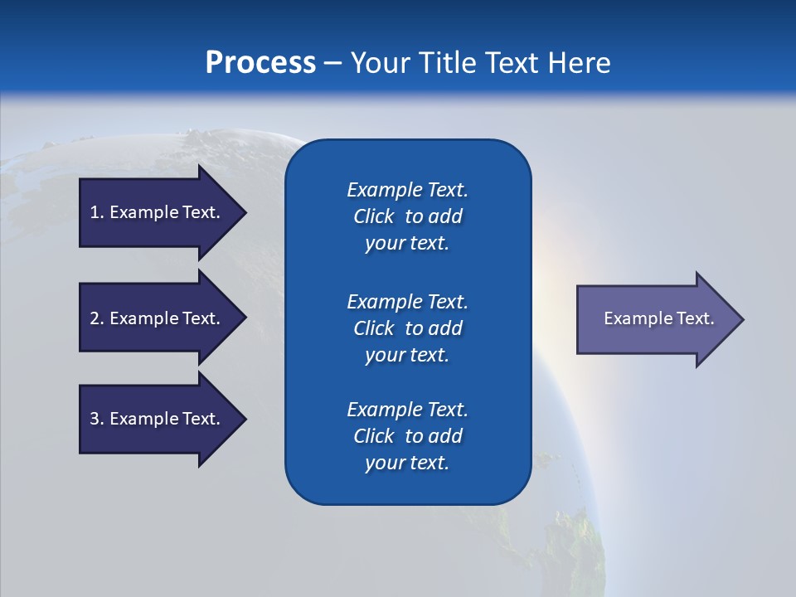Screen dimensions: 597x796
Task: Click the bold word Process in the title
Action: tap(260, 63)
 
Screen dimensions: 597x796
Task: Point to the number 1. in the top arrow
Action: tap(97, 212)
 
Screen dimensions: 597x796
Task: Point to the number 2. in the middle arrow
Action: tap(97, 318)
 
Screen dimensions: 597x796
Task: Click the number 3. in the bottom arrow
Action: tap(97, 419)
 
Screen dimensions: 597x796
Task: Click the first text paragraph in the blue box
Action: tap(407, 216)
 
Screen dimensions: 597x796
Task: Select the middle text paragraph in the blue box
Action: tap(407, 328)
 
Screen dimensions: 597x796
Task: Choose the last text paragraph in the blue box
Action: tap(407, 436)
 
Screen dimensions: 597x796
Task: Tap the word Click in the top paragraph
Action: tap(373, 216)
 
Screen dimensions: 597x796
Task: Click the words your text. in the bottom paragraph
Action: tap(407, 463)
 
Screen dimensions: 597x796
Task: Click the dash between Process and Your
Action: tap(332, 63)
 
